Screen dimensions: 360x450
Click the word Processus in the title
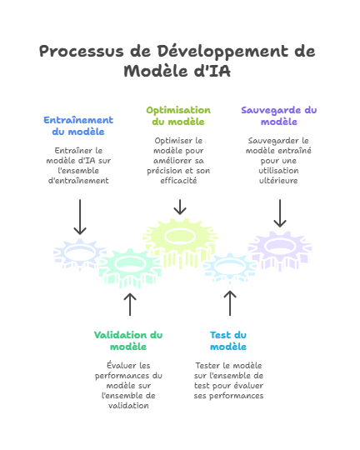point(81,52)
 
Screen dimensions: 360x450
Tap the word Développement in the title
point(222,52)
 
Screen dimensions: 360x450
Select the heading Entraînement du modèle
point(78,126)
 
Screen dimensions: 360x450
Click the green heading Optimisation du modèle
point(178,116)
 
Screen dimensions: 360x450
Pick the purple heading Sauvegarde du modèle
point(279,116)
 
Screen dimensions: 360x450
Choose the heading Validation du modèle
point(128,341)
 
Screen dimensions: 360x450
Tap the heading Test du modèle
point(228,341)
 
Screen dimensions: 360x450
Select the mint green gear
point(130,267)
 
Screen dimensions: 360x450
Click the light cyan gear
point(230,267)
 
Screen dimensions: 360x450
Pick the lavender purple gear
point(280,251)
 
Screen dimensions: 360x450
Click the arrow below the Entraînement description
point(80,217)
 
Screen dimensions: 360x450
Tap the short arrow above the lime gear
point(180,207)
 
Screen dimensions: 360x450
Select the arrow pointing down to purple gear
point(280,213)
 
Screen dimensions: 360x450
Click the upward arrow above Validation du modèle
point(130,304)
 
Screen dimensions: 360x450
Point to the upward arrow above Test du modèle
point(230,303)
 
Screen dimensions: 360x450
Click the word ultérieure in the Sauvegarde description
point(278,181)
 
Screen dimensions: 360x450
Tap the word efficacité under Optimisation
point(178,181)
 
